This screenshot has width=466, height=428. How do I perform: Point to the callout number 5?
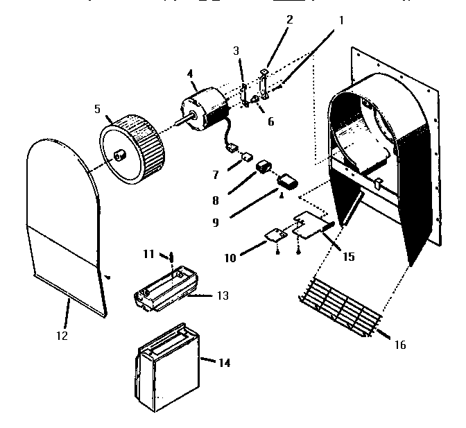point(97,109)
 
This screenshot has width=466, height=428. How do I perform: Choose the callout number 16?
point(400,345)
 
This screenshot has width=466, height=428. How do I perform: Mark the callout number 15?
point(348,257)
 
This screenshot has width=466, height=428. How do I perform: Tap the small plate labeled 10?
point(275,236)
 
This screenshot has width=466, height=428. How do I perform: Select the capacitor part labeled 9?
point(286,183)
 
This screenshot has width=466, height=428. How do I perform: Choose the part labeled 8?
point(264,168)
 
